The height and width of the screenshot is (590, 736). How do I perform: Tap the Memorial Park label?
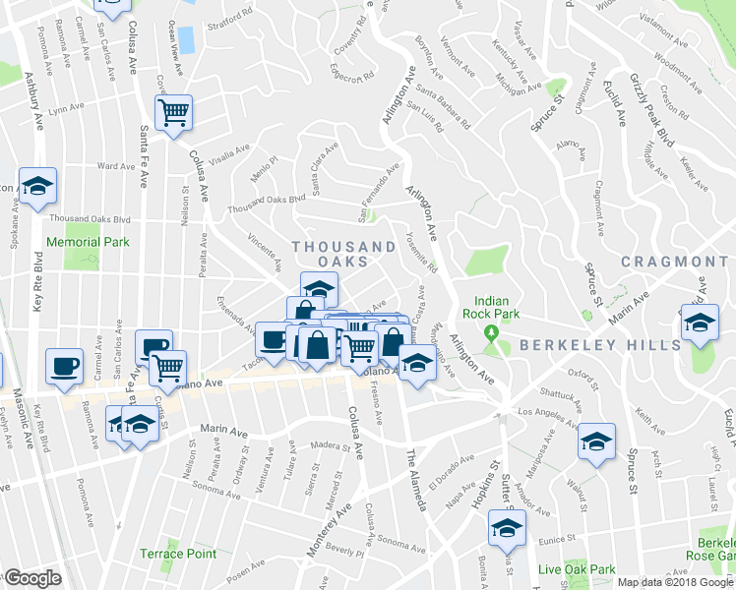(88, 241)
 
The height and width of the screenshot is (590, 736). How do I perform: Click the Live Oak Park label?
(577, 569)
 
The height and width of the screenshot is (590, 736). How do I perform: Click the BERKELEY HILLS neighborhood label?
(599, 345)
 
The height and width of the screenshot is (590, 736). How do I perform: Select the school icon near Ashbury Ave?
(37, 185)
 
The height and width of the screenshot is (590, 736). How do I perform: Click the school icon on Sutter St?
(507, 528)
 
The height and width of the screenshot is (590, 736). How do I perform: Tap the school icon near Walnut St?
(596, 442)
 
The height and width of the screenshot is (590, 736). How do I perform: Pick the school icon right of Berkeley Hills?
(699, 323)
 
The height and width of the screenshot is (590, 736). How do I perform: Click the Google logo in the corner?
(31, 578)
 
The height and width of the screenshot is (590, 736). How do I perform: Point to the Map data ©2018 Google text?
(676, 581)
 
